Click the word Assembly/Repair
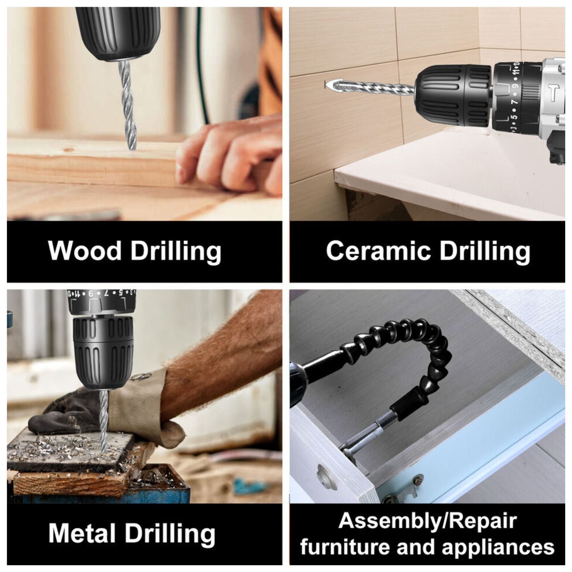pos(428,521)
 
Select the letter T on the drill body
pos(553,93)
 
